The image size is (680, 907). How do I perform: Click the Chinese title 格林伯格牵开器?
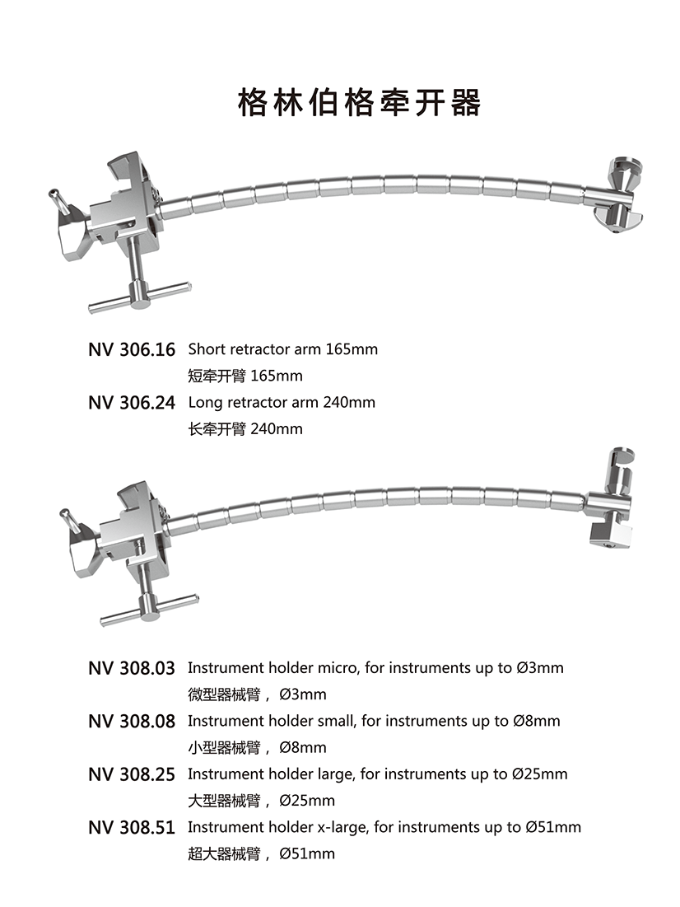(x=359, y=103)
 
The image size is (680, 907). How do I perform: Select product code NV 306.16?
(x=132, y=350)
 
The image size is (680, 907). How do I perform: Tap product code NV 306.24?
(x=132, y=403)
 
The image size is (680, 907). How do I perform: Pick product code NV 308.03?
(x=132, y=668)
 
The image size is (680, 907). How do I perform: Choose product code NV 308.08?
(x=132, y=722)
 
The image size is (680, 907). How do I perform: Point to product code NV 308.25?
(x=132, y=774)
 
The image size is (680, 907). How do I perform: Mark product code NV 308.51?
(x=132, y=828)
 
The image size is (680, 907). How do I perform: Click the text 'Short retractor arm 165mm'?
(x=282, y=349)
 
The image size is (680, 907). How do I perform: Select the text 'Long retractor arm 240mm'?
(x=282, y=403)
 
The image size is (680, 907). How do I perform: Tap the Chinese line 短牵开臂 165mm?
(x=245, y=376)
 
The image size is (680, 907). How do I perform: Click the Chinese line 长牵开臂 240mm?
(x=245, y=429)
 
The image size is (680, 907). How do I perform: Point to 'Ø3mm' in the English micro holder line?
(x=540, y=668)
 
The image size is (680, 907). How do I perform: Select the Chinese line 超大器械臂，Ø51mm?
(x=261, y=853)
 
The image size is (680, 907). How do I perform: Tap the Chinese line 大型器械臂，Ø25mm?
(x=261, y=801)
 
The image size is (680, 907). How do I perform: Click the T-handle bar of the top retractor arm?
(x=139, y=297)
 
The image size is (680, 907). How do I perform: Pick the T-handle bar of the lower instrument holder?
(x=149, y=609)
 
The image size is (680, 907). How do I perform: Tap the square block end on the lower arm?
(x=611, y=536)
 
